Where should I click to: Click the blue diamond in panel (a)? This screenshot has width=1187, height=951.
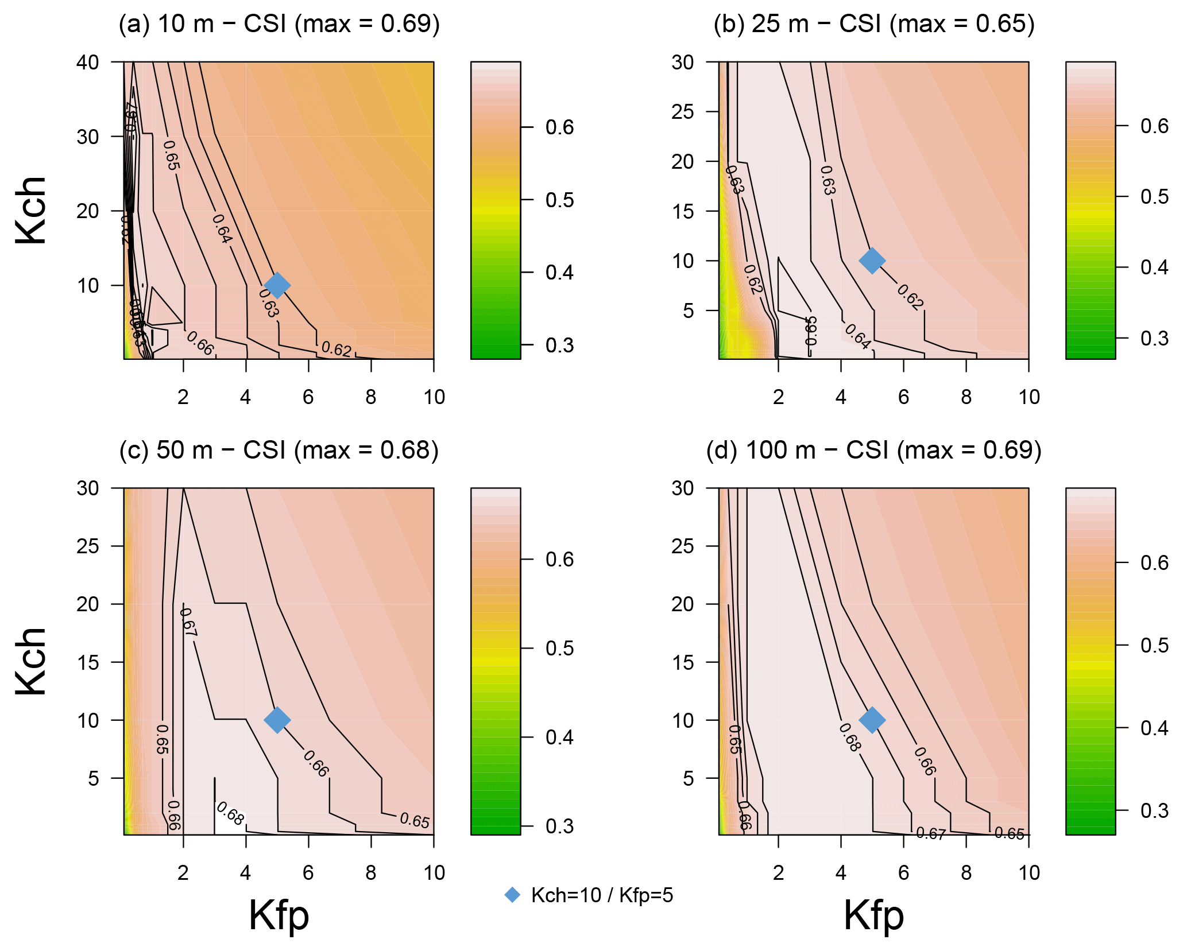pos(277,285)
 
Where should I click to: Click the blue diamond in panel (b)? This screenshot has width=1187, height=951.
pos(872,261)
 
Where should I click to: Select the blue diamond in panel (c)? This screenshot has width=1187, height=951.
pos(277,720)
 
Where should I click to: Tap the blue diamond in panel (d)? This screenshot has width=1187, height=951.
pos(872,720)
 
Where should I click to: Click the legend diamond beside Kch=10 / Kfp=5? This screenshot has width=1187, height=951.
pos(512,895)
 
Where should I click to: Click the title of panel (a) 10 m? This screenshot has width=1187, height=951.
pos(279,24)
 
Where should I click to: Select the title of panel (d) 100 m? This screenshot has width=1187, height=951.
pos(873,450)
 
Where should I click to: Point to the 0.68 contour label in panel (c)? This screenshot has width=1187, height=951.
pos(230,814)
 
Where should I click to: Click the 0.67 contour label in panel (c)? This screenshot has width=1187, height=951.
pos(188,622)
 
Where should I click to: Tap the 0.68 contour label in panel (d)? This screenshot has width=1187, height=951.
pos(850,737)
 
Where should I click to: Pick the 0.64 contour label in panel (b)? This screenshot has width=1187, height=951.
pos(857,337)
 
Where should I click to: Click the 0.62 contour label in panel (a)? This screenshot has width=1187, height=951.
pos(336,349)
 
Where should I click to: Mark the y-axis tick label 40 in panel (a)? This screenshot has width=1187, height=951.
pos(88,62)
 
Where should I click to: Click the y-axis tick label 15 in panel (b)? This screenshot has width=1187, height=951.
pos(683,211)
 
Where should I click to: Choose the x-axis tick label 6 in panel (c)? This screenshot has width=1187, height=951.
pos(308,873)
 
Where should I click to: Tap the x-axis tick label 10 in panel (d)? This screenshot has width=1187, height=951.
pos(1029,873)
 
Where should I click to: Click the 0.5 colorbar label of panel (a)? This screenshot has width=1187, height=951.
pos(559,200)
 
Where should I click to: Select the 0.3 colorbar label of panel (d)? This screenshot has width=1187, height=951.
pos(1154,811)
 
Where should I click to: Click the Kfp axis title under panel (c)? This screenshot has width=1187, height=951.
pos(279,915)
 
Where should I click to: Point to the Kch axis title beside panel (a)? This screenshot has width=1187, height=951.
pos(32,211)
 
